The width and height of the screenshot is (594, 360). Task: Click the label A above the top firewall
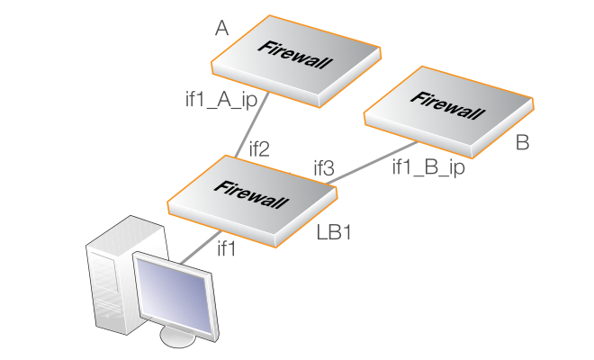point(221,30)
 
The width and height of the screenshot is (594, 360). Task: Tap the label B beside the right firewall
point(523,143)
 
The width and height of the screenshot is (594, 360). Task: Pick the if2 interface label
point(258,148)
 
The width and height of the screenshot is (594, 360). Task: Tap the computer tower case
point(110,270)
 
